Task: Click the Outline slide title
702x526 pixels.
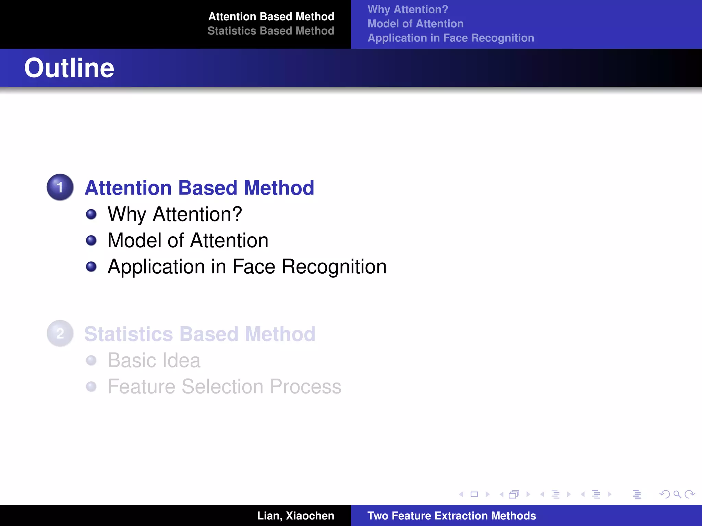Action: point(69,68)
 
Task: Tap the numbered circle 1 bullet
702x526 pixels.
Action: point(60,187)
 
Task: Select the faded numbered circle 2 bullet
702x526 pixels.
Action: point(60,333)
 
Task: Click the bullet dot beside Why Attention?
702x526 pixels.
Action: point(91,214)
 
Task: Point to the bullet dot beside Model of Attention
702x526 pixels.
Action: point(91,240)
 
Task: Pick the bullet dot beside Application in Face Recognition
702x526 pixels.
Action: point(91,266)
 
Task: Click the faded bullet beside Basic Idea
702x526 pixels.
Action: point(91,360)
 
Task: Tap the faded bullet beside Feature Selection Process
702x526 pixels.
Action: point(91,387)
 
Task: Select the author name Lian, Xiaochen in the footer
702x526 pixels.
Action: point(295,516)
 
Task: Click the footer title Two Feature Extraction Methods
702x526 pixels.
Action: point(451,516)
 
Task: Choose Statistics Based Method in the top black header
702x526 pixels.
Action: point(271,31)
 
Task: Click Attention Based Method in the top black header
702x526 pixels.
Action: point(271,16)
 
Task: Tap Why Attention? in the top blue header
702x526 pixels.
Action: point(408,9)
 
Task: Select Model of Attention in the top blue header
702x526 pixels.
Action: point(415,24)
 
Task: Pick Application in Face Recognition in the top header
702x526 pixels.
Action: point(451,38)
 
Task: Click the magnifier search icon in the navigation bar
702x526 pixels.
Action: point(677,494)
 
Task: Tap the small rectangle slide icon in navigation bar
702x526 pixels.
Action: point(474,494)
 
